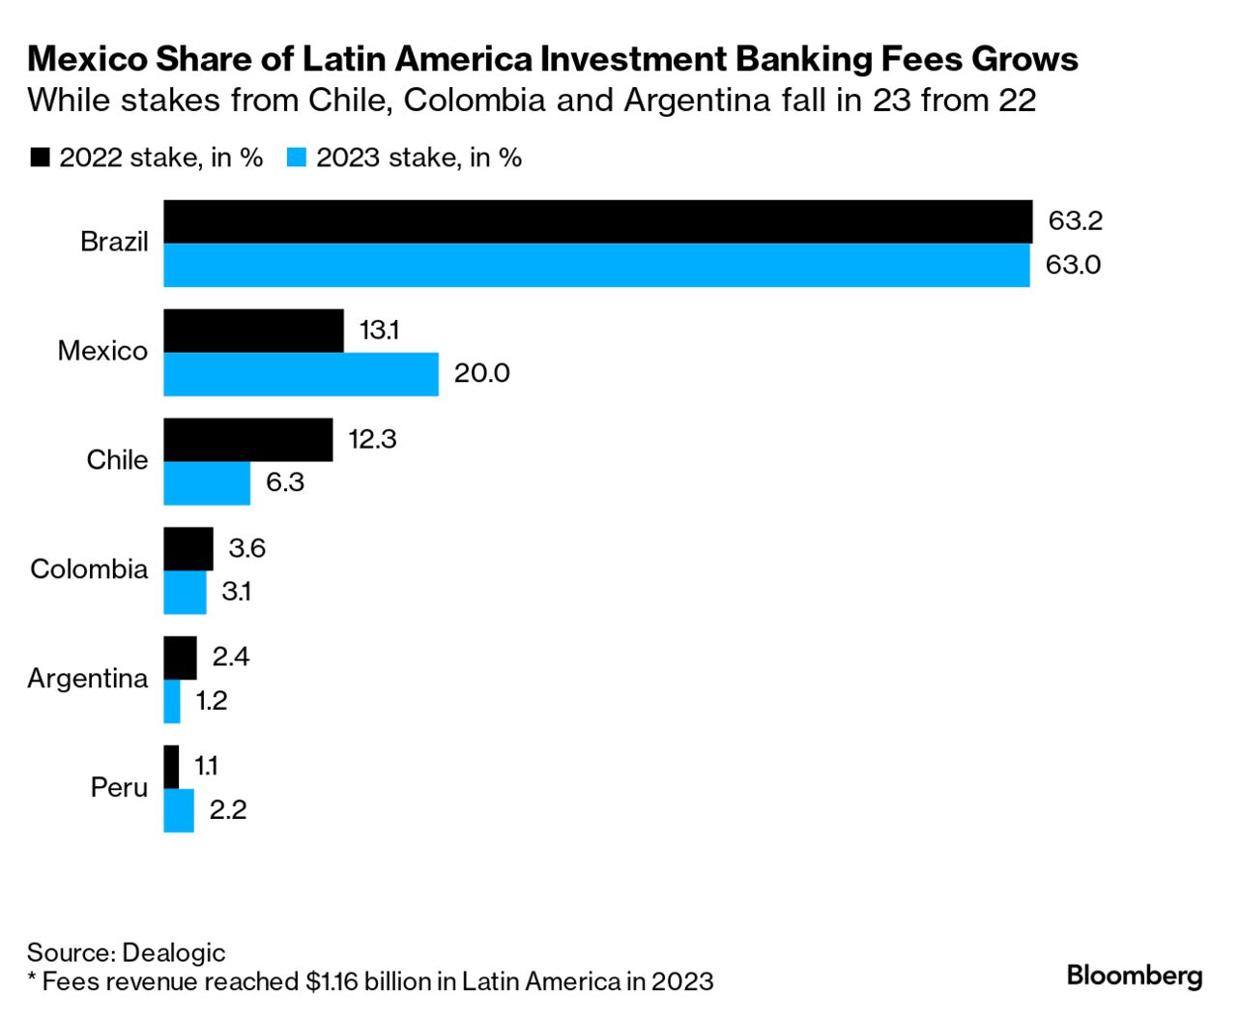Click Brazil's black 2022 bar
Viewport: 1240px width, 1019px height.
point(597,221)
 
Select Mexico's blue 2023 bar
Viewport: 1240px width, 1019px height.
point(301,374)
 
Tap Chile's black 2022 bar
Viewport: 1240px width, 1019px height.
point(247,440)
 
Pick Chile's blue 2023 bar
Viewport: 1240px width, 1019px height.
point(207,483)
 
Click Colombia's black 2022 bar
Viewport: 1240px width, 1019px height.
point(188,549)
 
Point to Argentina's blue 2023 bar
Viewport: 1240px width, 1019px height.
point(172,702)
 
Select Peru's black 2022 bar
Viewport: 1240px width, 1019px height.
point(171,767)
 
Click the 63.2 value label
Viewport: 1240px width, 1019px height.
point(1075,221)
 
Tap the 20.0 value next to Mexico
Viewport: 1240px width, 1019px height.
point(481,373)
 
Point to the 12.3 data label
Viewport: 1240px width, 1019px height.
point(372,440)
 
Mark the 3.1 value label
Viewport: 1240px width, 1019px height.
point(236,592)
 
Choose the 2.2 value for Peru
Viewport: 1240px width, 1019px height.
point(228,810)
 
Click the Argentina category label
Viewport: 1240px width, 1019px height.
point(88,679)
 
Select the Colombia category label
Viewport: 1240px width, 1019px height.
point(89,568)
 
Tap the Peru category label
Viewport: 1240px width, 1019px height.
point(119,788)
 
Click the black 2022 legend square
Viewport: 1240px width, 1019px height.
point(41,158)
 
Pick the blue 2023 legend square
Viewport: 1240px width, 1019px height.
point(297,158)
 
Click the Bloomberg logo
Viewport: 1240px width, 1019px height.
point(1134,975)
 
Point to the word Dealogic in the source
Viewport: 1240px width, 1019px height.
point(174,952)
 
